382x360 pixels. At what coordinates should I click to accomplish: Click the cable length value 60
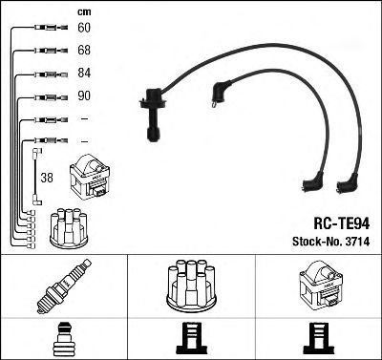click(84, 28)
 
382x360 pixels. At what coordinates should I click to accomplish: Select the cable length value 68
click(84, 51)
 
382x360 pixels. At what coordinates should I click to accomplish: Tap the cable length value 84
click(84, 73)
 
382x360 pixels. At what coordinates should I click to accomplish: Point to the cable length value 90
click(84, 95)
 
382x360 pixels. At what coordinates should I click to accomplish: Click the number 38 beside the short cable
click(47, 178)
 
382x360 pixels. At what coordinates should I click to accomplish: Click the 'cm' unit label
click(84, 12)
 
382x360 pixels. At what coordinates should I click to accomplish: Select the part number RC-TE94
click(342, 223)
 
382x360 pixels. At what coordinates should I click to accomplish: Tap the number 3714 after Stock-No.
click(356, 242)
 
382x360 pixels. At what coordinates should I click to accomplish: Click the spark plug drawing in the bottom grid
click(64, 286)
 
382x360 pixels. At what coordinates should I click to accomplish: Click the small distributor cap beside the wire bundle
click(69, 228)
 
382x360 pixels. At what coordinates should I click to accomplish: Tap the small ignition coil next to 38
click(90, 177)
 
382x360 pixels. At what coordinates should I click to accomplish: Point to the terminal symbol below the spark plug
click(64, 339)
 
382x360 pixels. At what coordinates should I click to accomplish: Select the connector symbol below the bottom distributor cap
click(191, 339)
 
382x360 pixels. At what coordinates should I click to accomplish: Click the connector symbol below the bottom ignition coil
click(319, 339)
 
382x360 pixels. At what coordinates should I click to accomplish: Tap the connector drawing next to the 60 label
click(51, 28)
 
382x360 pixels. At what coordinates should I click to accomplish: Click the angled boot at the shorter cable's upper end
click(221, 93)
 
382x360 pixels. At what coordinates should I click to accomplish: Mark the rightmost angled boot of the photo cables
click(347, 184)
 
